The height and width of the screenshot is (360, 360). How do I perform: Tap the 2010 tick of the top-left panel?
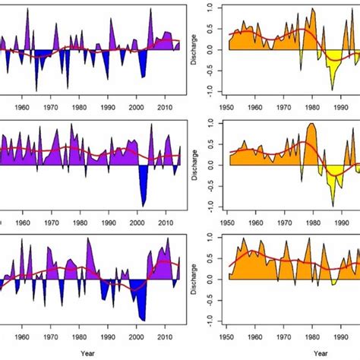166,106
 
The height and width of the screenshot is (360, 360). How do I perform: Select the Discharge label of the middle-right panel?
199,166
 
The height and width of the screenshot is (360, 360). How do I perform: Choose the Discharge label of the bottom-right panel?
199,279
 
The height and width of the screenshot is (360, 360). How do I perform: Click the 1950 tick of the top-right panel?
229,106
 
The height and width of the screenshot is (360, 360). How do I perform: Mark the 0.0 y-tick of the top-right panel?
215,49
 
